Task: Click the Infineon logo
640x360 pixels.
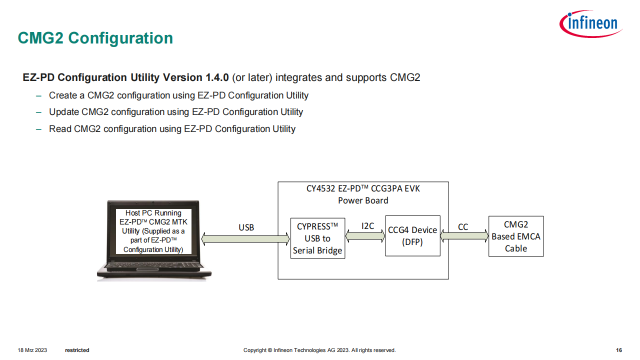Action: tap(591, 23)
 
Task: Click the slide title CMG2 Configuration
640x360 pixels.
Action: tap(95, 38)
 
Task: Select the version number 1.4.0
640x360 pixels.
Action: tap(217, 77)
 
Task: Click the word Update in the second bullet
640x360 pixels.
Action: tap(64, 112)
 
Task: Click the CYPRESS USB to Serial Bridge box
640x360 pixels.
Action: tap(317, 238)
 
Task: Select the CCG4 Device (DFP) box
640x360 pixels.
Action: tap(412, 235)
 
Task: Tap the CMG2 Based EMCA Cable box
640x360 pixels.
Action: tap(516, 236)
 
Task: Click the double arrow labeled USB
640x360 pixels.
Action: tap(245, 239)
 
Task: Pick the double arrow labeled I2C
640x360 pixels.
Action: tap(365, 235)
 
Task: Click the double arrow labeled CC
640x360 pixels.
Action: tap(464, 235)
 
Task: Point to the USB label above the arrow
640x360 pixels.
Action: tap(246, 227)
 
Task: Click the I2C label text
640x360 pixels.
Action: tap(367, 226)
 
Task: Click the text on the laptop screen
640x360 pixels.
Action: tap(153, 231)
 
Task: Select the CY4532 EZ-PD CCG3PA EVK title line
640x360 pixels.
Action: tap(363, 188)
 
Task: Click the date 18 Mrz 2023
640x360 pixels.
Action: tap(32, 350)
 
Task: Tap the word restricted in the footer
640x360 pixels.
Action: tap(77, 350)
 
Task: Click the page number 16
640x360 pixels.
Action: tap(619, 350)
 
